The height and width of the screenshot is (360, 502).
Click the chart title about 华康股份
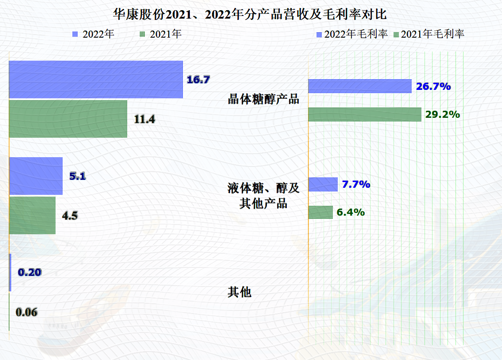pyautogui.click(x=251, y=15)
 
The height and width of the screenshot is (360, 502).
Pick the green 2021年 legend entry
pyautogui.click(x=160, y=35)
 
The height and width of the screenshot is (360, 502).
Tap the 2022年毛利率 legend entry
pyautogui.click(x=352, y=35)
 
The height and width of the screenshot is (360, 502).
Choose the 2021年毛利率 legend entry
pyautogui.click(x=429, y=35)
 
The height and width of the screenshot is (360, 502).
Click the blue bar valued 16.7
pyautogui.click(x=96, y=79)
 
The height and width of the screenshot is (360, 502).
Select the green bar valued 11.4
pyautogui.click(x=68, y=119)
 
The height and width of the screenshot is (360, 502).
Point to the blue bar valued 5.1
pyautogui.click(x=36, y=176)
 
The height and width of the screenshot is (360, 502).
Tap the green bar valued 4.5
pyautogui.click(x=32, y=215)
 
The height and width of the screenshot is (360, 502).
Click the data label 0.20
pyautogui.click(x=30, y=272)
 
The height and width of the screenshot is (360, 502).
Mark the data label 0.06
pyautogui.click(x=27, y=312)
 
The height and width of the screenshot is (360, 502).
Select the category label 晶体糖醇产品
pyautogui.click(x=263, y=99)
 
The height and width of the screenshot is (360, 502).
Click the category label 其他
pyautogui.click(x=239, y=292)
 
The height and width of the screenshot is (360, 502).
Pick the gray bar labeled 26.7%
pyautogui.click(x=360, y=86)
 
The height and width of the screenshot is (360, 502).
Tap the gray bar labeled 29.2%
pyautogui.click(x=364, y=114)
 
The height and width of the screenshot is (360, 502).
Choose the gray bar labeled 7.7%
pyautogui.click(x=323, y=184)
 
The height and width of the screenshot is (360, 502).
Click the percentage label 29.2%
pyautogui.click(x=443, y=114)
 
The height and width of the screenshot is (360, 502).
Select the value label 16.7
pyautogui.click(x=198, y=80)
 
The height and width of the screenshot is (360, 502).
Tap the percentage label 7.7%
pyautogui.click(x=356, y=184)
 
